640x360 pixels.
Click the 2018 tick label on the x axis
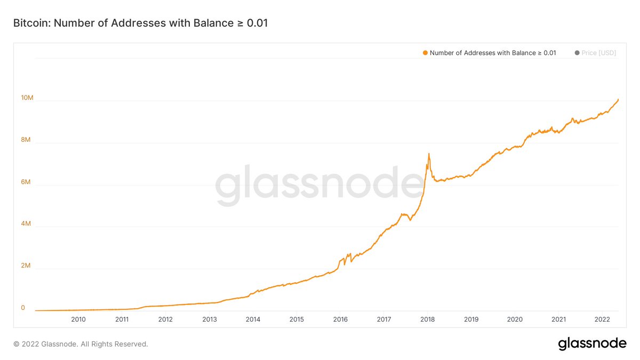coord(428,319)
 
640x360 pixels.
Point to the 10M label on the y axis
coord(27,98)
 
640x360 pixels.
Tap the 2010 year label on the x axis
coord(78,319)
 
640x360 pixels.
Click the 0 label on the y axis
coord(23,308)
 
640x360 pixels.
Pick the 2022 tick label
coord(602,319)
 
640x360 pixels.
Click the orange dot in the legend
coord(425,53)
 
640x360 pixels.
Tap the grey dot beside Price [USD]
coord(577,53)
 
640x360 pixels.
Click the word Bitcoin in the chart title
coord(31,23)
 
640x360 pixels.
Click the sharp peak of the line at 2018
coord(428,154)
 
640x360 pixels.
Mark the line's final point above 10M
coord(618,99)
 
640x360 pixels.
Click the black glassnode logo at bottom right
coord(592,344)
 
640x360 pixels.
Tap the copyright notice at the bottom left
coord(81,344)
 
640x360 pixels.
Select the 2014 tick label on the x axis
coord(253,319)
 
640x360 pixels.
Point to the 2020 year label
coord(515,319)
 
